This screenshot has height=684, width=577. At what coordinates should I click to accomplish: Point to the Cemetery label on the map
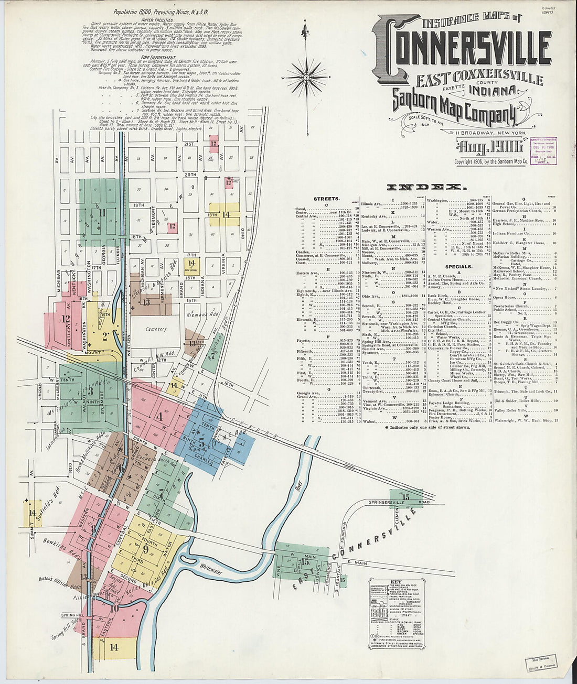tap(156, 329)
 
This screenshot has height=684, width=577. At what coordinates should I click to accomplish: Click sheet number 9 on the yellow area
tap(144, 549)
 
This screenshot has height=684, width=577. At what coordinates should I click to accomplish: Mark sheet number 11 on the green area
tap(103, 212)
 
